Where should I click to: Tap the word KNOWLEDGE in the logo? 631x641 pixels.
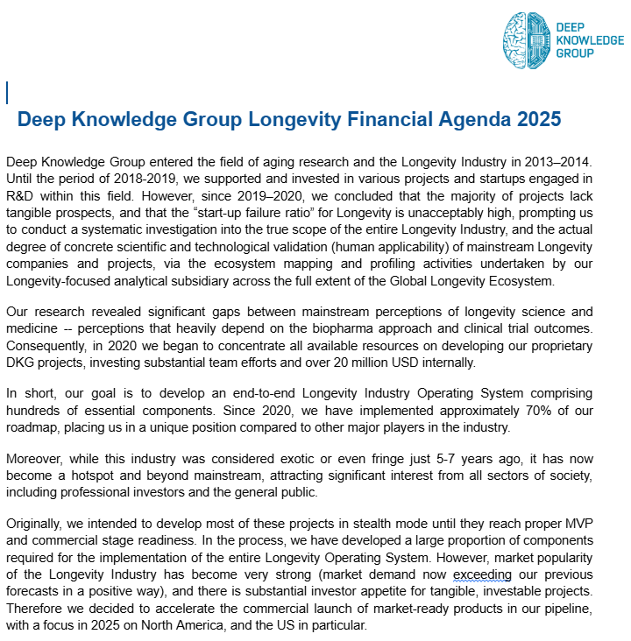coord(590,39)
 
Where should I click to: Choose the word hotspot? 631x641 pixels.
coord(95,475)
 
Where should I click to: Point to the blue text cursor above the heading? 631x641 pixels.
coord(7,93)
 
